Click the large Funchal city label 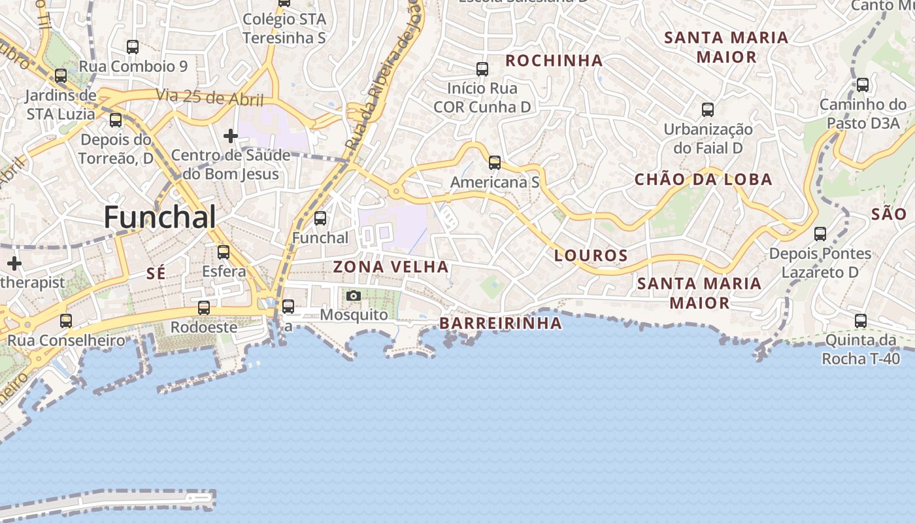click(159, 217)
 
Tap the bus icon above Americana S click(495, 163)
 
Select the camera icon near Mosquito click(354, 296)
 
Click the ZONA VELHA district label click(391, 267)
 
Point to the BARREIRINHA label click(501, 323)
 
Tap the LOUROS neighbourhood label click(591, 256)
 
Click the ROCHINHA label click(554, 61)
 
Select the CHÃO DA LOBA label click(703, 180)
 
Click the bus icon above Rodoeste click(204, 307)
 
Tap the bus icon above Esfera click(224, 252)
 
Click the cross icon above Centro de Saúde click(230, 136)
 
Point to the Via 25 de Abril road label click(210, 98)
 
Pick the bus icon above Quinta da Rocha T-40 click(861, 321)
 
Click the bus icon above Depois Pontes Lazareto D click(820, 233)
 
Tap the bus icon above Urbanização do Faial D click(708, 109)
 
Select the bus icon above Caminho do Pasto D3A click(863, 84)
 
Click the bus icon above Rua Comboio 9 click(133, 47)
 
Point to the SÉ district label click(156, 274)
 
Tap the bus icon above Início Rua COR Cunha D click(482, 69)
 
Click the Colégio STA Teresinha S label click(284, 28)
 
